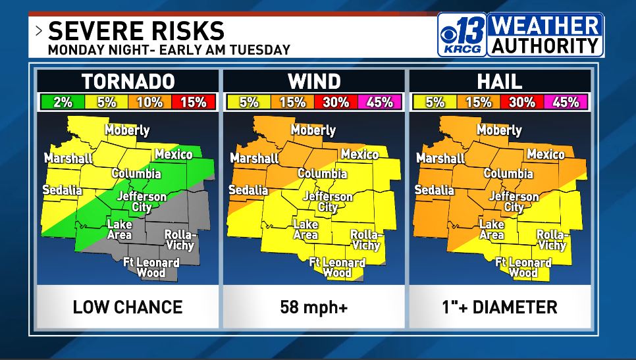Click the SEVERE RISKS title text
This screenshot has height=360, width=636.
click(x=136, y=30)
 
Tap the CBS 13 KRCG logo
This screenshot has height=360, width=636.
click(x=462, y=35)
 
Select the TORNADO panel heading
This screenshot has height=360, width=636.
click(x=128, y=82)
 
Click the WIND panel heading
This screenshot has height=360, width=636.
click(x=314, y=82)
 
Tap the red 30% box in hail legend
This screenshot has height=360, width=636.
click(x=522, y=102)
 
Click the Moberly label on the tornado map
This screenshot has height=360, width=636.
click(x=127, y=130)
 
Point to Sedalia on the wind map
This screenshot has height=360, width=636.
click(x=248, y=190)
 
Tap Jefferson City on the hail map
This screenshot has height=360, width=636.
click(x=514, y=201)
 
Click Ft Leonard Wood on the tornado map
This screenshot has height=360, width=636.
click(x=151, y=267)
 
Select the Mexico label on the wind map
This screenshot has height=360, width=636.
click(x=359, y=154)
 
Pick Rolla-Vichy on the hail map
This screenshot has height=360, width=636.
click(x=552, y=240)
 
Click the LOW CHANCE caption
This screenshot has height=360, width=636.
click(x=128, y=307)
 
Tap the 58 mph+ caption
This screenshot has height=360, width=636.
click(x=314, y=307)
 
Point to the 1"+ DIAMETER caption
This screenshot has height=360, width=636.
click(x=500, y=307)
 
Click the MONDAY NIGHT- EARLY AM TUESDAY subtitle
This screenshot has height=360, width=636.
click(x=169, y=50)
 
